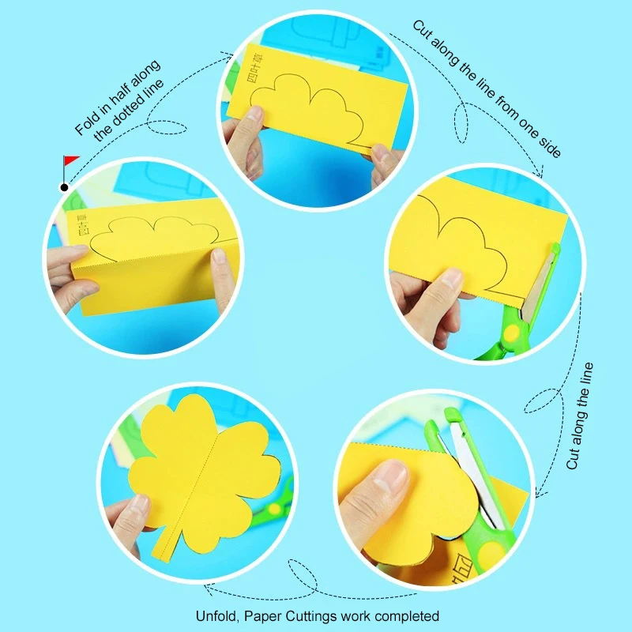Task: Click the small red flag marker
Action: (x=70, y=161)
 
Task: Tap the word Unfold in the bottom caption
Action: (x=214, y=615)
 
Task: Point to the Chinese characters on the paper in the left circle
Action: (x=80, y=224)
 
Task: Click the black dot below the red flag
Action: (x=63, y=187)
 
